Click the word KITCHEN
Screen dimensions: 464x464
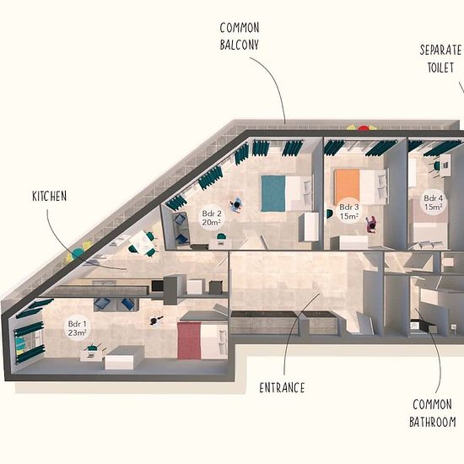coord(50,197)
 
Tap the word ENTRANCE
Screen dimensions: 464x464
coord(282,388)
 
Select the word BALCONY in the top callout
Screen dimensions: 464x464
coord(239,45)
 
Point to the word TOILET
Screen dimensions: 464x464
coord(440,67)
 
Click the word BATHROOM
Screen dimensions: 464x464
coord(432,422)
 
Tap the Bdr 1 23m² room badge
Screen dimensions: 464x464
coord(78,328)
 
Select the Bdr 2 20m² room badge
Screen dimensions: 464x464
coord(211,218)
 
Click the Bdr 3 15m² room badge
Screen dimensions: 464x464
coord(349,212)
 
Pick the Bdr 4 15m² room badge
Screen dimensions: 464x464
coord(434,202)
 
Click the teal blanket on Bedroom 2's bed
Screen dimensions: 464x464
coord(273,193)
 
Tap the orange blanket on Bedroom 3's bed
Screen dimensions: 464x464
coord(347,186)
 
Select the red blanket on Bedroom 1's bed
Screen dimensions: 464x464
coord(189,341)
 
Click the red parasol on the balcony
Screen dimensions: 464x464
coord(363,128)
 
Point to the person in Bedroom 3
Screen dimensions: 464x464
coord(370,224)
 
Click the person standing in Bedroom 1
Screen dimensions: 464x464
coord(156,321)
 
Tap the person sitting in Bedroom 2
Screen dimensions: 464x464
coord(236,205)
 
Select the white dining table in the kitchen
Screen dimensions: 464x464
coord(142,241)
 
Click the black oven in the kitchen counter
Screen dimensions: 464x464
coord(158,285)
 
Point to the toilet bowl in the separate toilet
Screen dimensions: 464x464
coord(447,262)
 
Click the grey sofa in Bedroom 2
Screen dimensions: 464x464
coord(181,229)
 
